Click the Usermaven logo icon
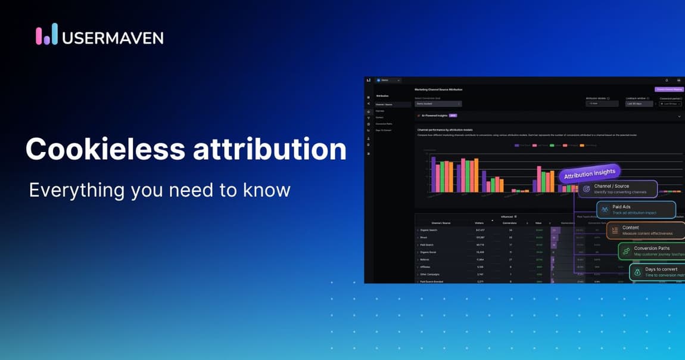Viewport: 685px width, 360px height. (x=46, y=35)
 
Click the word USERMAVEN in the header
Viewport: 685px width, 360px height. (x=113, y=38)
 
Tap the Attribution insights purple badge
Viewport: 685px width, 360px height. (x=589, y=173)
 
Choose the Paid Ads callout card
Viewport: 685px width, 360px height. (x=636, y=209)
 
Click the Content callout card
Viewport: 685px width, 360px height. (x=646, y=230)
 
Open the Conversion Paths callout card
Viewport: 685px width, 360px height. (x=651, y=251)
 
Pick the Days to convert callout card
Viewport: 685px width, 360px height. (x=656, y=272)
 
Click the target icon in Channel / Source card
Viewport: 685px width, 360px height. (x=586, y=189)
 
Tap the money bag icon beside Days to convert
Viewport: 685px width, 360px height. (x=637, y=272)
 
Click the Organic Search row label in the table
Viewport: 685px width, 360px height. (x=429, y=229)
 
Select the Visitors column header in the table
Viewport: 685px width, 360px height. (x=479, y=222)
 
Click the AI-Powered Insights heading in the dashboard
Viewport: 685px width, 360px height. (x=435, y=116)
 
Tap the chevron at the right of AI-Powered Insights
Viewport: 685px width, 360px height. (x=679, y=116)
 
